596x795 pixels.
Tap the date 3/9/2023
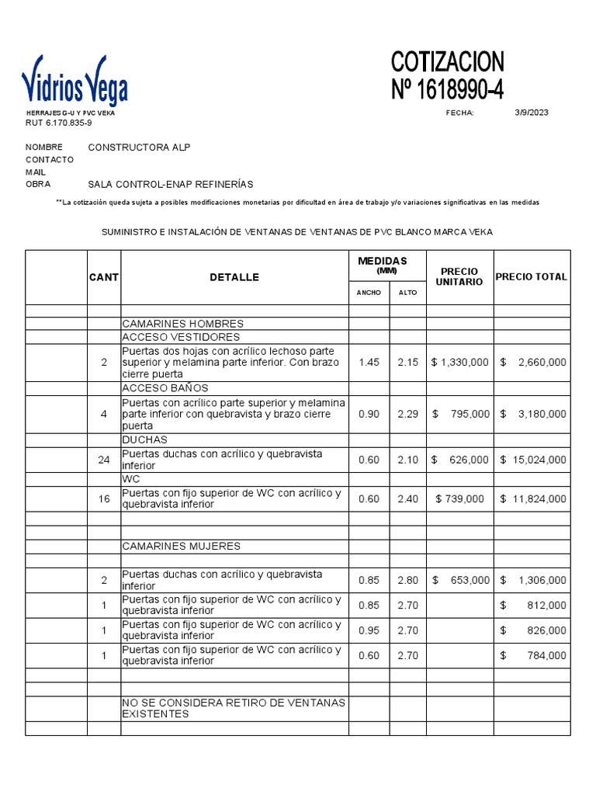click(531, 113)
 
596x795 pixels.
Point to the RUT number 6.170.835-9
click(59, 123)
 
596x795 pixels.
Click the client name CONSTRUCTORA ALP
click(139, 148)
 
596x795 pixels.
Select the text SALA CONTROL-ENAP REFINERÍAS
click(171, 184)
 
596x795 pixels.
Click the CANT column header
click(103, 277)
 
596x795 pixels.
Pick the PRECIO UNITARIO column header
click(460, 276)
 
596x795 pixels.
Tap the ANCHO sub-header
click(369, 293)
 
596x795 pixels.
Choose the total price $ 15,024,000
click(533, 460)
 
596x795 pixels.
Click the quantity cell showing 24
click(104, 460)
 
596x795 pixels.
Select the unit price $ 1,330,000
click(460, 363)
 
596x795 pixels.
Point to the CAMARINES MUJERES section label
click(182, 547)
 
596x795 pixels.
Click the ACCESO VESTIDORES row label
click(181, 337)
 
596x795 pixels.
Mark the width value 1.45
click(369, 363)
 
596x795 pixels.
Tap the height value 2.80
click(407, 580)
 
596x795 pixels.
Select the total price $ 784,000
click(533, 656)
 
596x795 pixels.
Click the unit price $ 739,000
click(460, 499)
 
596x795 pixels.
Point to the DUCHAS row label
click(144, 440)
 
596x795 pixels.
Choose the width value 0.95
click(369, 630)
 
